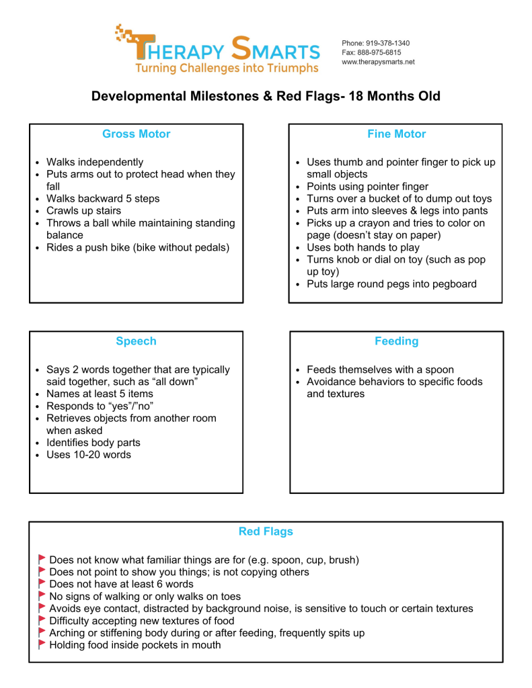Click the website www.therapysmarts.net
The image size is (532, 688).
[378, 62]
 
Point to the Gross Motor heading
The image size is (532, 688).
[136, 134]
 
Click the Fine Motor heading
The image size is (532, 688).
[396, 134]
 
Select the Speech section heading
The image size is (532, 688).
[136, 341]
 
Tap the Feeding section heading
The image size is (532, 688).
[396, 341]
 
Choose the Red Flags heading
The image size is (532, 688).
[266, 531]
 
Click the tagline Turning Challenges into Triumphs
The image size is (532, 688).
[227, 68]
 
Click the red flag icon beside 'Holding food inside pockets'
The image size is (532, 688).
[42, 644]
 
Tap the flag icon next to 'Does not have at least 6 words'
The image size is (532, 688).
[42, 584]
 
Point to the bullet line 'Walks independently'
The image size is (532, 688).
[94, 162]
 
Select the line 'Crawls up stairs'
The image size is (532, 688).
[83, 211]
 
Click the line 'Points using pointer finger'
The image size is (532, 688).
[367, 187]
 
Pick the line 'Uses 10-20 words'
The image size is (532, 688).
[88, 455]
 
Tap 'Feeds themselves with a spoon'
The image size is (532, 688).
[380, 370]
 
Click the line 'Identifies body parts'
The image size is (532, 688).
[93, 443]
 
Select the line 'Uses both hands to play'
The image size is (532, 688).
[363, 247]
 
